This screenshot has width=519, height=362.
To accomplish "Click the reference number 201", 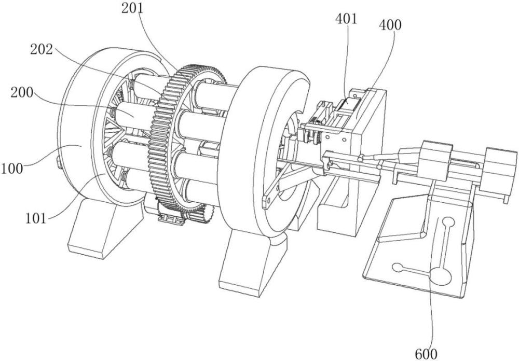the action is pos(133,8).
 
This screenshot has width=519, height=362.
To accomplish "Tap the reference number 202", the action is pos(42,50).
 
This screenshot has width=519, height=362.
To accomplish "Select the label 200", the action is pos(22,92).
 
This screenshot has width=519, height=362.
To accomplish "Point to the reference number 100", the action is pos(12,169).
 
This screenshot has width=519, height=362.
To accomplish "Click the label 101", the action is pos(36,218).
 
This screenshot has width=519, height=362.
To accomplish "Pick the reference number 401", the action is pos(347,19).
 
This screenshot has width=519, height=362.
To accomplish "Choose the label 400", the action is pos(390,25).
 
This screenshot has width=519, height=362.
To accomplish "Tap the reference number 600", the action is pos(426,354).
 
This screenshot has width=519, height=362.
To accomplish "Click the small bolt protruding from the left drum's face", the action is pos(58,163).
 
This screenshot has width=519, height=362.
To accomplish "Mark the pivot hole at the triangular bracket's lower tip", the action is pos(268,200).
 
